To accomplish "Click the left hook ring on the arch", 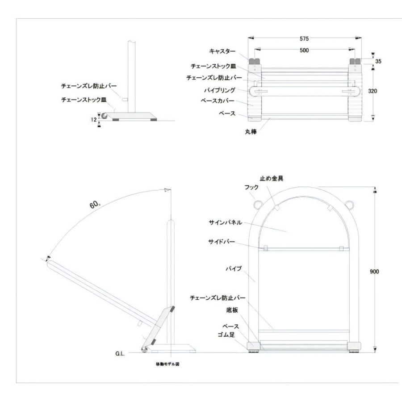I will pyautogui.click(x=257, y=205).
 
